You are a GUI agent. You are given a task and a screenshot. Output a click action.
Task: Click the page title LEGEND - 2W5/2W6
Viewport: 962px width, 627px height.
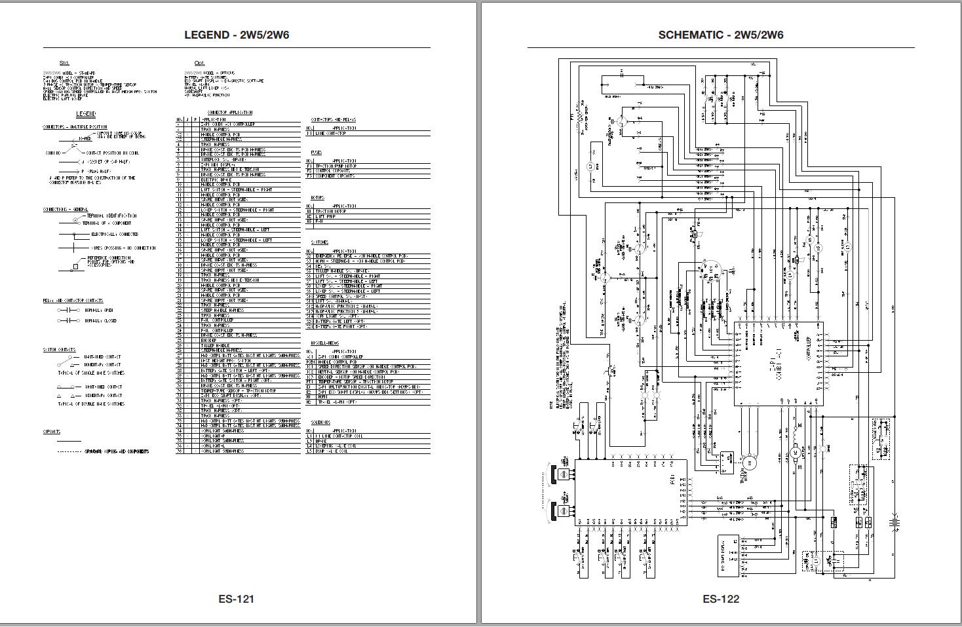(237, 35)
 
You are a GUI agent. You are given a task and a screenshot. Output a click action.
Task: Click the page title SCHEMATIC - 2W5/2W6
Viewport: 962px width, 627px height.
(721, 35)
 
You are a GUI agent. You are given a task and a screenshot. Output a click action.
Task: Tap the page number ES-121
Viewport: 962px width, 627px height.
(237, 598)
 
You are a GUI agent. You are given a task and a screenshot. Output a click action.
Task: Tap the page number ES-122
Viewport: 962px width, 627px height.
(721, 598)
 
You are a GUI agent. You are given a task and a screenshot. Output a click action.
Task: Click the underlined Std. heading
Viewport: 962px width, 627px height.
(64, 63)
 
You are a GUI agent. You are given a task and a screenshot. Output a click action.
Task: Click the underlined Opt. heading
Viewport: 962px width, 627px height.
(199, 63)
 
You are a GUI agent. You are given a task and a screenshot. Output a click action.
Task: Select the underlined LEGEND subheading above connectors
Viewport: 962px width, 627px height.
(86, 114)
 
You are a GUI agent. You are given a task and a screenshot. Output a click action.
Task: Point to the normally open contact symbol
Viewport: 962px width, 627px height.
(68, 309)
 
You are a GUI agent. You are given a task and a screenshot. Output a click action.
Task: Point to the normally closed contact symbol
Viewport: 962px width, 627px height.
(68, 320)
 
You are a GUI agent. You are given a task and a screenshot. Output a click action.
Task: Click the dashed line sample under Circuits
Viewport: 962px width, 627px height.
(69, 451)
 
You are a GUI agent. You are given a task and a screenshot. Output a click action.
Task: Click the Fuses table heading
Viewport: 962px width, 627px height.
(316, 153)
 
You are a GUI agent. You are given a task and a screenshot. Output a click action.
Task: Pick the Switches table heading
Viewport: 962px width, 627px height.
(319, 242)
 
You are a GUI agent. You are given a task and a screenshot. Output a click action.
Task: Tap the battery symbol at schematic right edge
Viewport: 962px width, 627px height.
(894, 522)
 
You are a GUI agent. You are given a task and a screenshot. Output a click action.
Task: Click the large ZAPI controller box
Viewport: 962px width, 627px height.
(778, 364)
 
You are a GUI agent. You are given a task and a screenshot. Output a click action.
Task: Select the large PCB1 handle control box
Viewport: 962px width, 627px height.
(630, 492)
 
